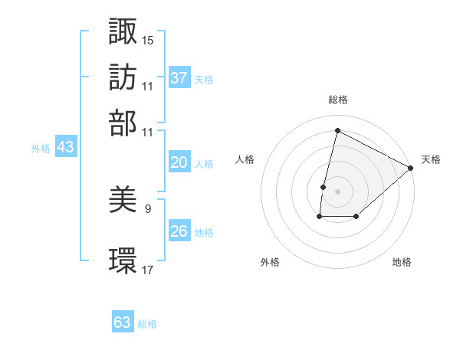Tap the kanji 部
pyautogui.click(x=123, y=123)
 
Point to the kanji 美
pyautogui.click(x=123, y=201)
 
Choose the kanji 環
pyautogui.click(x=123, y=260)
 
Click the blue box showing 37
pyautogui.click(x=179, y=78)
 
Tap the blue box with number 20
pyautogui.click(x=179, y=162)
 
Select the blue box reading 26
pyautogui.click(x=179, y=231)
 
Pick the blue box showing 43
pyautogui.click(x=65, y=147)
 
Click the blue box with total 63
pyautogui.click(x=123, y=322)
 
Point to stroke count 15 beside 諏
pyautogui.click(x=149, y=39)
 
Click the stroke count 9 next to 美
pyautogui.click(x=148, y=208)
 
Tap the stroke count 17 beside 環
pyautogui.click(x=149, y=269)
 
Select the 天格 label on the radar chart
pyautogui.click(x=431, y=159)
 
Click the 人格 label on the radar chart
pyautogui.click(x=245, y=159)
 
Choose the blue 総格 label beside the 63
pyautogui.click(x=147, y=324)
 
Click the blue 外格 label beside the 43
pyautogui.click(x=41, y=149)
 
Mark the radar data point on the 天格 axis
pyautogui.click(x=411, y=169)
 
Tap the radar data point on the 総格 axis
pyautogui.click(x=337, y=131)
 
